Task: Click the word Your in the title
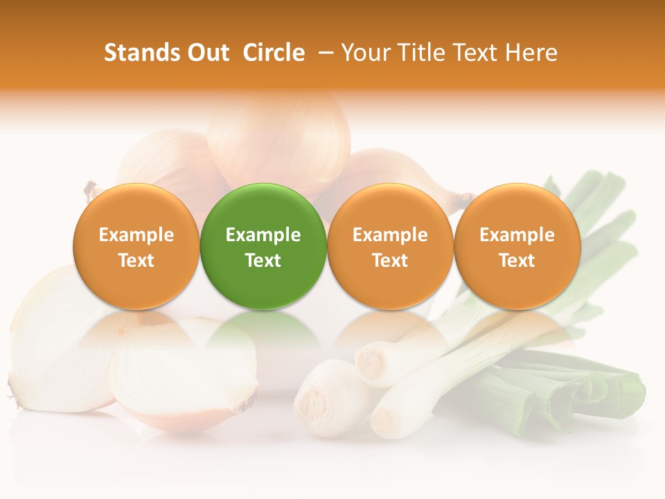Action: coord(364,53)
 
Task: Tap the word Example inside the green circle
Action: coord(263,235)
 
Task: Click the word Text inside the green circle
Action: coord(263,261)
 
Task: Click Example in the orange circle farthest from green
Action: coord(517,235)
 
